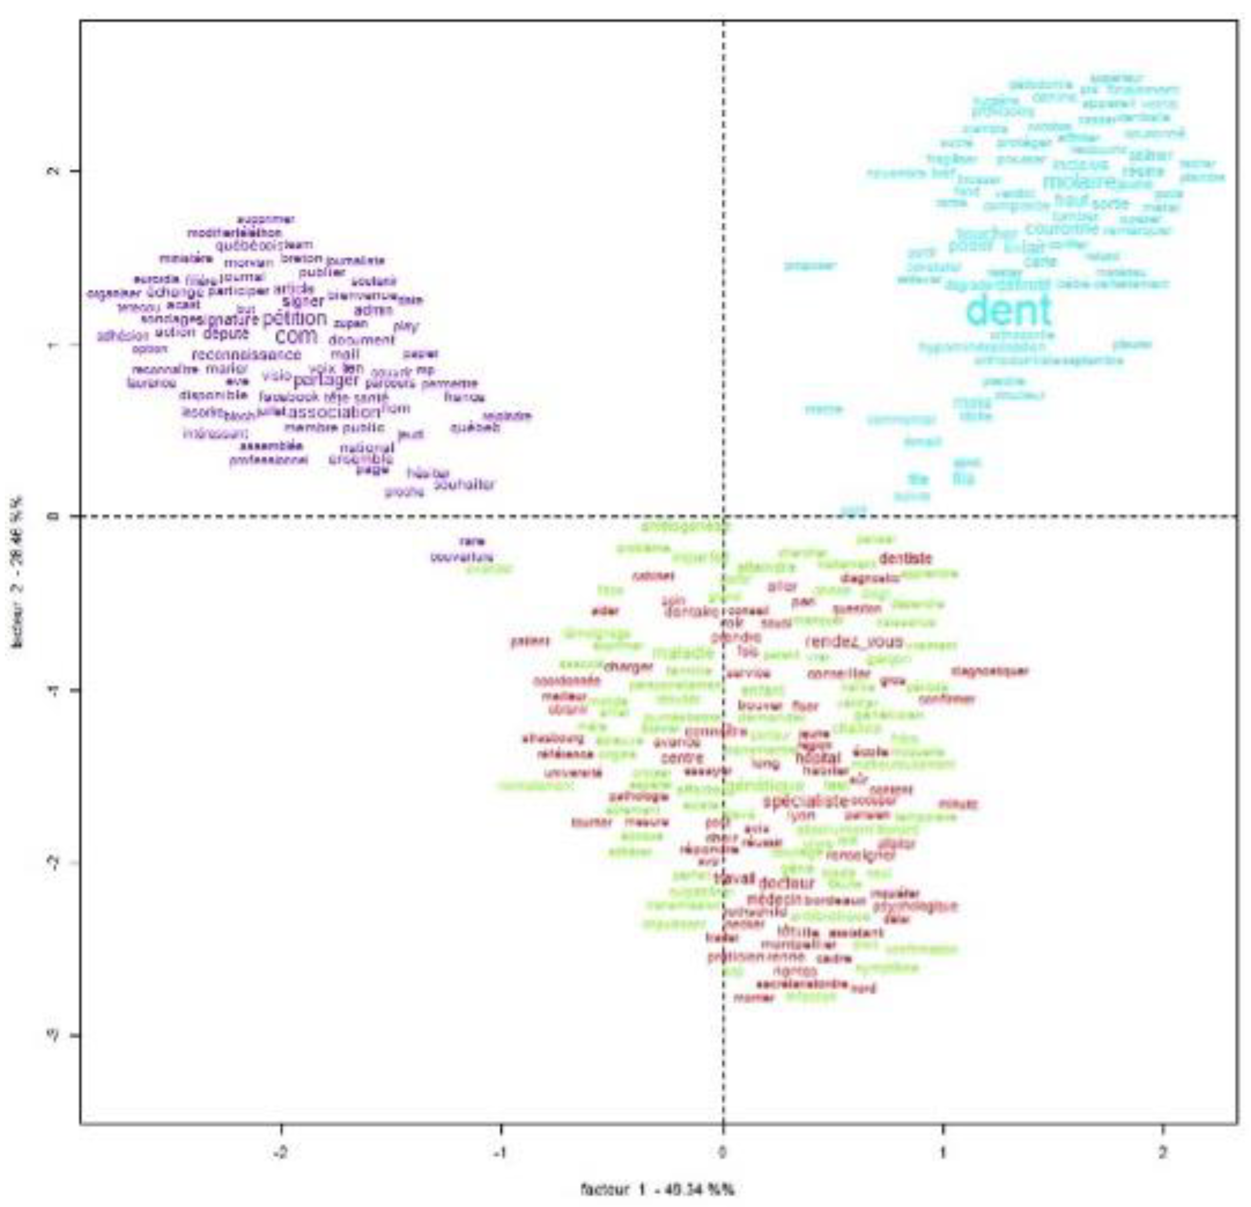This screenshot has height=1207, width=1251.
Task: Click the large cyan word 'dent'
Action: pos(1008,311)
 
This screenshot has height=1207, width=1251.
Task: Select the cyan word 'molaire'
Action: pos(1079,182)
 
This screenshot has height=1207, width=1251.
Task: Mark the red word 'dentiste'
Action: pos(905,559)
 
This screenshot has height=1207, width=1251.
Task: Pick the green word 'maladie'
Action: pos(683,653)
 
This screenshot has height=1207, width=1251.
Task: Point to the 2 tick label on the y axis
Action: pos(56,171)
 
